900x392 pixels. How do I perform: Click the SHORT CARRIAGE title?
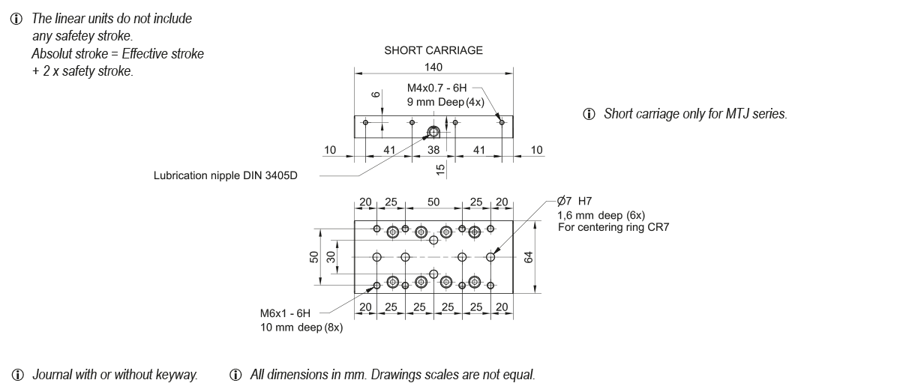[433, 51]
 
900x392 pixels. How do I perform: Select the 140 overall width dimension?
[433, 67]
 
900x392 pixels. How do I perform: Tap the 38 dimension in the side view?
[433, 151]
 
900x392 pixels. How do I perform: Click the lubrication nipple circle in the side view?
[433, 133]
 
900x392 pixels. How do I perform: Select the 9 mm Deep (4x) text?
[445, 101]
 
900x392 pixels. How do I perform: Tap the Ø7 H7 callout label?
[574, 201]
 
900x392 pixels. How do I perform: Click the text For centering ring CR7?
[613, 227]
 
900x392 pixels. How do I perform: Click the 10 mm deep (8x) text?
[301, 328]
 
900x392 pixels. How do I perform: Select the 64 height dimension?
[528, 257]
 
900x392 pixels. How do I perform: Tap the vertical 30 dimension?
[330, 257]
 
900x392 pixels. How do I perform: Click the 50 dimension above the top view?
[433, 202]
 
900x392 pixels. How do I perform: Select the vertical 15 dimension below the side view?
[441, 169]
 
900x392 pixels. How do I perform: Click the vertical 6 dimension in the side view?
[375, 94]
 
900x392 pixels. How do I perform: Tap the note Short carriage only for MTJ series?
[694, 114]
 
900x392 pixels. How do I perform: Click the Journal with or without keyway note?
[115, 374]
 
